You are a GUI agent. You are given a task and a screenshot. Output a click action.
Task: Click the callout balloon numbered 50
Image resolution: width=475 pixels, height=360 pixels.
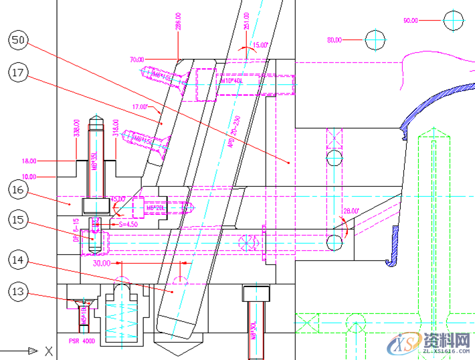point(19,41)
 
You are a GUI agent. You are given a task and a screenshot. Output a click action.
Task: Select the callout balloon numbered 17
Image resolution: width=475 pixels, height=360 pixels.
point(19,73)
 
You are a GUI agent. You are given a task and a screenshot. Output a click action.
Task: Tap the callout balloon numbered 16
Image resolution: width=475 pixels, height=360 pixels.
point(19,190)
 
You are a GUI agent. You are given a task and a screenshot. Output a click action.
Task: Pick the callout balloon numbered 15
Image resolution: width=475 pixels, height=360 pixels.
point(19,219)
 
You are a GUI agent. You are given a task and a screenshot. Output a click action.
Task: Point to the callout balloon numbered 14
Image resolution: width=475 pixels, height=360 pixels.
point(19,259)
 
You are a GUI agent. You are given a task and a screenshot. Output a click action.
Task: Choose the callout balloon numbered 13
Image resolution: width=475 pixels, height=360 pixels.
point(19,291)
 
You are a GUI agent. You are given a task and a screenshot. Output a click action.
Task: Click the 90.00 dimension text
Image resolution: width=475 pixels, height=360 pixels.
point(410,21)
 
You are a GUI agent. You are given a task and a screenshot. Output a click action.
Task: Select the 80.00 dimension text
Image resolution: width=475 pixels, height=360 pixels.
point(334,40)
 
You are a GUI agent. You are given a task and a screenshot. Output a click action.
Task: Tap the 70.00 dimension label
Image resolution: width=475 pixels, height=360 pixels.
point(137,60)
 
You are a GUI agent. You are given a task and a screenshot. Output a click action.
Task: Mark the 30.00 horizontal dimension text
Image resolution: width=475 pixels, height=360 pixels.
point(101,263)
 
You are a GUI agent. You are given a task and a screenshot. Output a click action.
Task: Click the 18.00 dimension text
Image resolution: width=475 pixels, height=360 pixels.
point(29,161)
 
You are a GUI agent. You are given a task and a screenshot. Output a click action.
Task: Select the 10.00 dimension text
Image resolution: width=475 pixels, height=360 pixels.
point(29,177)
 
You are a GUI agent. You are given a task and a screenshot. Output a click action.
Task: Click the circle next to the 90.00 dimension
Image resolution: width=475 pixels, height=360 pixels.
point(454,21)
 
